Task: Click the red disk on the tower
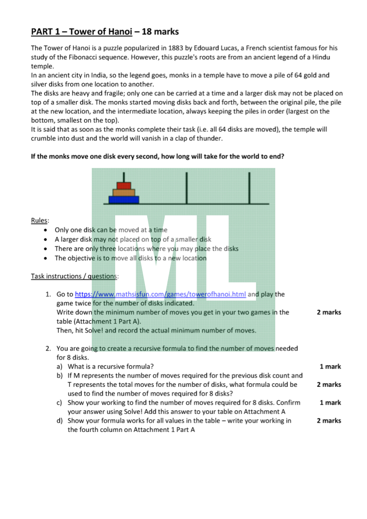[124, 185]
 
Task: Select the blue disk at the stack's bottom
[124, 200]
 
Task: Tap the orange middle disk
[124, 192]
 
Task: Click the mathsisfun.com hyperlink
[160, 294]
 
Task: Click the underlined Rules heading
[39, 220]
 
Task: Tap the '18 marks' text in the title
[161, 32]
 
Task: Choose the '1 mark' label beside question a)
[330, 366]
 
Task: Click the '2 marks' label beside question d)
[329, 420]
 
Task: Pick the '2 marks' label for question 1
[329, 312]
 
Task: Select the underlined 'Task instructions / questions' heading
[75, 276]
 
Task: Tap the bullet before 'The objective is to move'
[44, 258]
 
